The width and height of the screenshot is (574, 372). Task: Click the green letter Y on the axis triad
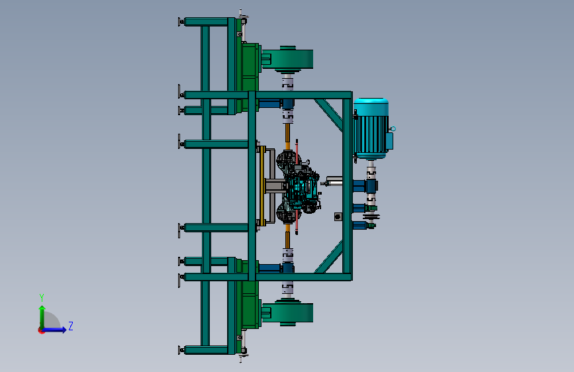[x=42, y=298]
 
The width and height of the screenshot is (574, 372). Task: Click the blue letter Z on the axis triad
[x=71, y=326]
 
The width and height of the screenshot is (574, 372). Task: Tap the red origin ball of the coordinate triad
[x=41, y=330]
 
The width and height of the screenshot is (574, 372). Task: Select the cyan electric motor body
[x=371, y=128]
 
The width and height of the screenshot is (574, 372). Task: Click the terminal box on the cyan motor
[x=390, y=141]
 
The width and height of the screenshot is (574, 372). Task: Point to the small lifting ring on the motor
[x=393, y=128]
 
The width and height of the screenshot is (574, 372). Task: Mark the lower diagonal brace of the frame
[x=329, y=257]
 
